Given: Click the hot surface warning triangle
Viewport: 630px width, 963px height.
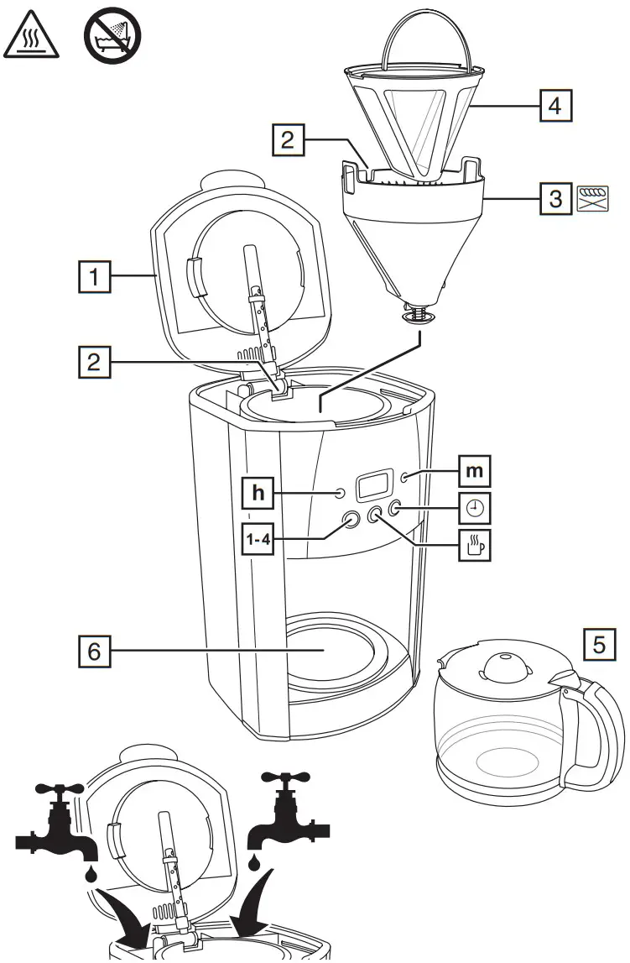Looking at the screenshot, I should tap(31, 36).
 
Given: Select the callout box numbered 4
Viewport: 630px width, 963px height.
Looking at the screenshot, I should tap(555, 107).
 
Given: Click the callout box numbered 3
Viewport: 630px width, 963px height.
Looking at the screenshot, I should tap(555, 198).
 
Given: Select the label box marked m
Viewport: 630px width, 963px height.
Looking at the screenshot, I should tap(473, 472).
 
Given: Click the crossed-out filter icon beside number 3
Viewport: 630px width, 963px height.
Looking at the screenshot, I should tap(592, 199).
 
